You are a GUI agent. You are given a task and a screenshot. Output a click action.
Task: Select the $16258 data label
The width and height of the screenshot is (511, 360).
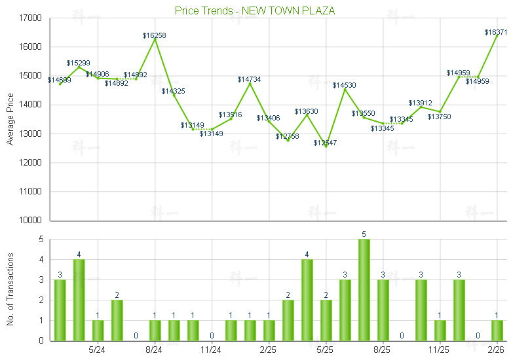[x=155, y=35]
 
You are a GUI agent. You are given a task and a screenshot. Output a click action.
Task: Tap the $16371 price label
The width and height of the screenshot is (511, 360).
[x=496, y=32]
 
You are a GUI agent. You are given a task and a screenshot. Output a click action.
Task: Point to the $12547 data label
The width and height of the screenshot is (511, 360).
[x=326, y=143]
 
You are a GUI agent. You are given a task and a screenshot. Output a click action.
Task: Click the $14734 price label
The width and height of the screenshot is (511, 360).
[x=250, y=79]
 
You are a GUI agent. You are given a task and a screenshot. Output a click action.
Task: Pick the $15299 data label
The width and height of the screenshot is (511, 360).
[x=79, y=63]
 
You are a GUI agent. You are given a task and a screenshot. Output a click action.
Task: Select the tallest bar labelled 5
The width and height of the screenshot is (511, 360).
[x=364, y=289]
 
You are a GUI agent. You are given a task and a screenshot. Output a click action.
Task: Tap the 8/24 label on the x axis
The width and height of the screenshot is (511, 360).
[x=155, y=350]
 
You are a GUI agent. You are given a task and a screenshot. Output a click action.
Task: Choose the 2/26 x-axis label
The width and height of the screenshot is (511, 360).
[x=497, y=350]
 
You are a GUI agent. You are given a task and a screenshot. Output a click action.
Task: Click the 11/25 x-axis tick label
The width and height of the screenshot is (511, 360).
[x=440, y=350]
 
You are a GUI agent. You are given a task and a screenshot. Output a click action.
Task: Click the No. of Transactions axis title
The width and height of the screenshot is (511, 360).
[x=10, y=289]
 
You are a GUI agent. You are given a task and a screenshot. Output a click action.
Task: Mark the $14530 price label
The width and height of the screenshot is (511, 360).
[x=345, y=86]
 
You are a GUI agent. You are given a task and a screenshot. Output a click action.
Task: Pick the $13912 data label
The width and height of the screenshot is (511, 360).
[x=421, y=103]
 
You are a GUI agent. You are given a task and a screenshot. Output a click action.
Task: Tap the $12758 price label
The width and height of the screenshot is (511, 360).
[x=288, y=136]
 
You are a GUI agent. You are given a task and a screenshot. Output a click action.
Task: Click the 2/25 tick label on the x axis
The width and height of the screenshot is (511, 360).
[x=269, y=350]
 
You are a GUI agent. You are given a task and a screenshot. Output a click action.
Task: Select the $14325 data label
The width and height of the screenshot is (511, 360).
[x=174, y=91]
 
